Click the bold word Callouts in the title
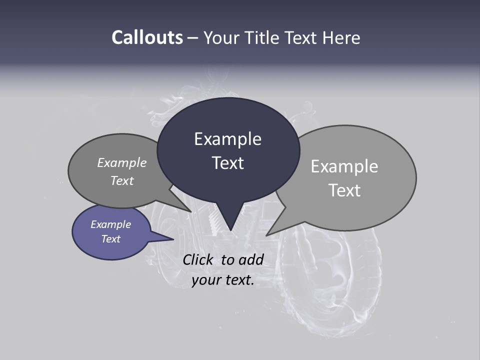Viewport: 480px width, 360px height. pyautogui.click(x=147, y=37)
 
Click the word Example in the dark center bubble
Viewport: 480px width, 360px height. pyautogui.click(x=228, y=139)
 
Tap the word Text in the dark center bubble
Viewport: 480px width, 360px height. pyautogui.click(x=228, y=163)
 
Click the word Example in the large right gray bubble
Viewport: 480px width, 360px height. pyautogui.click(x=344, y=166)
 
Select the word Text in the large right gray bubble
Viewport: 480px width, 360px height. pyautogui.click(x=344, y=190)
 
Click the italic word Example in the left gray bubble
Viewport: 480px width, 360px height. pyautogui.click(x=122, y=162)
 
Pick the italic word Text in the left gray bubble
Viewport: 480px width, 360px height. pyautogui.click(x=122, y=180)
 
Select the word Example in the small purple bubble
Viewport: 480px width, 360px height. pyautogui.click(x=111, y=224)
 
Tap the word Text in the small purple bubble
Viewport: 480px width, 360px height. pyautogui.click(x=111, y=239)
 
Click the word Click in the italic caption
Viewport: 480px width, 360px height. pyautogui.click(x=198, y=259)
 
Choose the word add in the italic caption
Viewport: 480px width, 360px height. pyautogui.click(x=251, y=259)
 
